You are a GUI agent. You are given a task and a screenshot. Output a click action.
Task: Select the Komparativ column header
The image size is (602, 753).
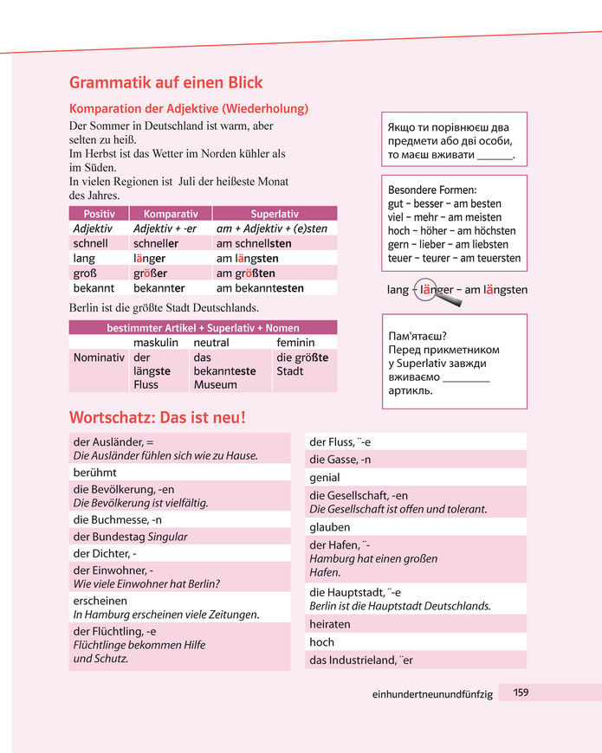click(171, 213)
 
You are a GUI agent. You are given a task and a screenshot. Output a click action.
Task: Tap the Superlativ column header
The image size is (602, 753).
click(274, 213)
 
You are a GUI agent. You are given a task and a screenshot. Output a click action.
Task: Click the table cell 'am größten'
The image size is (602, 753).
click(246, 273)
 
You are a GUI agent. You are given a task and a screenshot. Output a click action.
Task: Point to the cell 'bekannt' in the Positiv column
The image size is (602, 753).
click(95, 287)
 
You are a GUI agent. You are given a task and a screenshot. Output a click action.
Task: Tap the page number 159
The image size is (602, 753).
click(521, 692)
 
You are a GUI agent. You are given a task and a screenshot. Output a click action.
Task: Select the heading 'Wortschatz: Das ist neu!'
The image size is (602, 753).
click(158, 417)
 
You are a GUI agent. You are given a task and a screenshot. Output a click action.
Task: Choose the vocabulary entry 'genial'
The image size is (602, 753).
click(325, 477)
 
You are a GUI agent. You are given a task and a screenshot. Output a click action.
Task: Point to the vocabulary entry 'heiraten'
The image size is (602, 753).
click(330, 623)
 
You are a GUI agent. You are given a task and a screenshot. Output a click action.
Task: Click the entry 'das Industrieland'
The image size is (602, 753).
click(361, 660)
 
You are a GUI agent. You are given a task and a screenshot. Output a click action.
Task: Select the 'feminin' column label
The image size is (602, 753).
click(295, 343)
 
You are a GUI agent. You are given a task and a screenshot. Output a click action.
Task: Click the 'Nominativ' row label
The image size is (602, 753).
click(99, 357)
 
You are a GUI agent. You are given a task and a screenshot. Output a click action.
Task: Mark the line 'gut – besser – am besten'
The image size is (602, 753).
click(444, 203)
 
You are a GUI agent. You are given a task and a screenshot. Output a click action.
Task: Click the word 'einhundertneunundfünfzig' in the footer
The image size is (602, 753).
click(432, 694)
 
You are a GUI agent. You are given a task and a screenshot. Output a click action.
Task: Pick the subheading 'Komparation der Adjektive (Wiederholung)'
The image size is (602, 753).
click(189, 109)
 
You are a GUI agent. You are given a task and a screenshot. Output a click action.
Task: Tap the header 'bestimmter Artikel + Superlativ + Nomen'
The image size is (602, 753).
click(203, 327)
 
